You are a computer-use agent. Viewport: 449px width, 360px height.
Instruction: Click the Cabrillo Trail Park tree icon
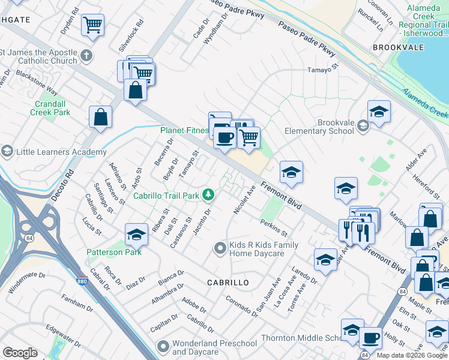pyautogui.click(x=208, y=194)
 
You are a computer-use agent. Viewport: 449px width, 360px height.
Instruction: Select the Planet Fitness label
pyautogui.click(x=184, y=130)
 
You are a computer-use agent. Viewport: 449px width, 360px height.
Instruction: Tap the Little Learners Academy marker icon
pyautogui.click(x=7, y=151)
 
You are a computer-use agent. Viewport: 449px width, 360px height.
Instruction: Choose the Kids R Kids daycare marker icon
pyautogui.click(x=220, y=247)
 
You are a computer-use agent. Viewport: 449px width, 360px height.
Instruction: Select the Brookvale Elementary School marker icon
pyautogui.click(x=363, y=126)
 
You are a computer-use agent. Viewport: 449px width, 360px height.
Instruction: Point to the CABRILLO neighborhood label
pyautogui.click(x=228, y=282)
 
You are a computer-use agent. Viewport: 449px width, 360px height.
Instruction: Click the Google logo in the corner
pyautogui.click(x=20, y=353)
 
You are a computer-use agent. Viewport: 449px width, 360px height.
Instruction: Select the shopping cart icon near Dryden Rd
pyautogui.click(x=92, y=25)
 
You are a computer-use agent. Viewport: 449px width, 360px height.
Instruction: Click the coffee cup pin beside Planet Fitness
pyautogui.click(x=224, y=136)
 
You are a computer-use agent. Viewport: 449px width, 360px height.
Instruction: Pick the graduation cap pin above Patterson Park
pyautogui.click(x=137, y=233)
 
